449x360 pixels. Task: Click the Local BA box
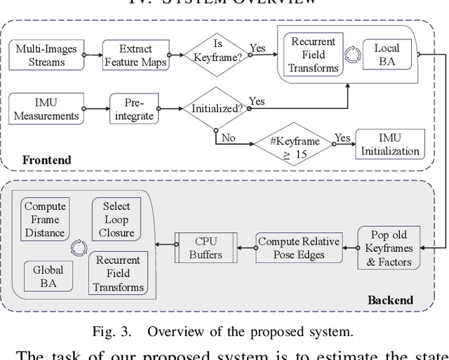tap(386, 54)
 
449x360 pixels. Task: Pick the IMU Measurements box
tap(46, 109)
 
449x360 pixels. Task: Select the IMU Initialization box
tap(390, 144)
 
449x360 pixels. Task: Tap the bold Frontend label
tap(46, 160)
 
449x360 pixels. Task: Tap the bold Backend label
tap(390, 300)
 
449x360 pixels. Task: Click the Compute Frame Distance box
tap(45, 219)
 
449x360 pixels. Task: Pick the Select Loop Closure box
tap(116, 219)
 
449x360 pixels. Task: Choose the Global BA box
tap(48, 276)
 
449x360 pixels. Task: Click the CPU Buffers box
tap(206, 248)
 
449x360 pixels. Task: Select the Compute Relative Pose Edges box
tap(298, 248)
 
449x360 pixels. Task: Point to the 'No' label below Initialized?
tap(228, 138)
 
